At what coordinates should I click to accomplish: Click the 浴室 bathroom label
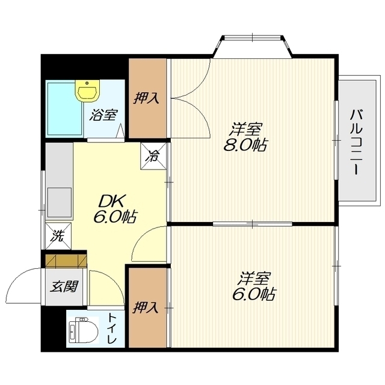[x=103, y=115]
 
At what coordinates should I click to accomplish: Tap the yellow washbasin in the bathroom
[x=87, y=90]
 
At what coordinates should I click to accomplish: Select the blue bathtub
[x=64, y=109]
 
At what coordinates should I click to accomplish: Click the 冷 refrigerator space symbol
[x=153, y=156]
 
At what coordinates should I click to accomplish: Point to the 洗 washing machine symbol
[x=58, y=236]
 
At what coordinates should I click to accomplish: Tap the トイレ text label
[x=112, y=328]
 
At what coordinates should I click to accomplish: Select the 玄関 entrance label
[x=64, y=286]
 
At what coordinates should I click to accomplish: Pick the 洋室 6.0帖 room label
[x=254, y=286]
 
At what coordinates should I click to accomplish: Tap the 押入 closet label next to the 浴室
[x=146, y=98]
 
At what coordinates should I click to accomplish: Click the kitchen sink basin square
[x=60, y=202]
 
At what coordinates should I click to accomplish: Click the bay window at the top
[x=253, y=47]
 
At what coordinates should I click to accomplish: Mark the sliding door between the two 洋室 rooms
[x=253, y=224]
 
